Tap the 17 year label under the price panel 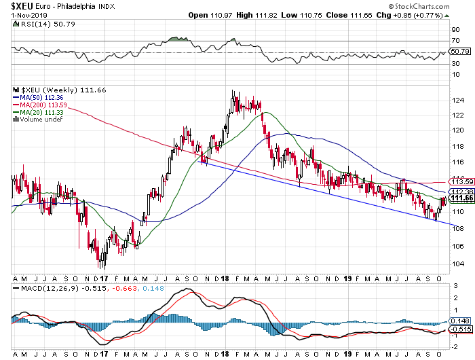[x=104, y=279]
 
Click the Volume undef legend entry [x=39, y=120]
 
